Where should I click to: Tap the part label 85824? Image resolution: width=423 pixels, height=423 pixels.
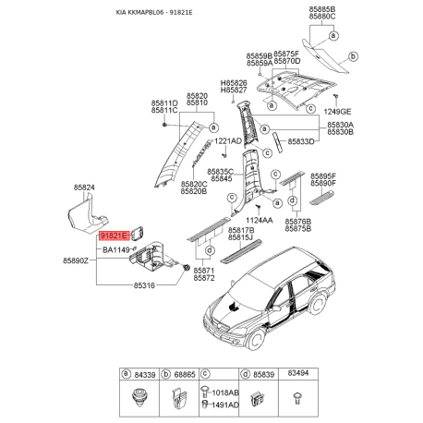[x=84, y=187]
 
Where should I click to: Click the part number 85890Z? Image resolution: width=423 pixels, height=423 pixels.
[x=77, y=262]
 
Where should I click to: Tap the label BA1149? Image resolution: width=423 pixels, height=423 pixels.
[x=115, y=249]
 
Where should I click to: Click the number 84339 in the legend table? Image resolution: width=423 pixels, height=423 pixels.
[x=142, y=373]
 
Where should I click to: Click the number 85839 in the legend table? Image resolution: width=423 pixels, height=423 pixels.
[x=262, y=373]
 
